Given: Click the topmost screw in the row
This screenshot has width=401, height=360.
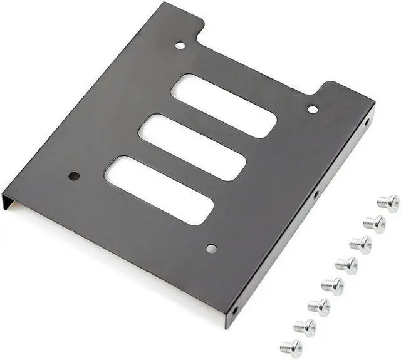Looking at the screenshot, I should pyautogui.click(x=388, y=203).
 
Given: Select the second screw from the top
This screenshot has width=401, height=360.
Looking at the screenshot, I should pyautogui.click(x=375, y=224).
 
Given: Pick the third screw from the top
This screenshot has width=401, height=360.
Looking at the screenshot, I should pyautogui.click(x=360, y=244).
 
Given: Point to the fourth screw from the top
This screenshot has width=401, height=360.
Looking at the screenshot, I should pyautogui.click(x=346, y=265).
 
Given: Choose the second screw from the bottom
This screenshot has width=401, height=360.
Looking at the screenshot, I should pyautogui.click(x=305, y=327).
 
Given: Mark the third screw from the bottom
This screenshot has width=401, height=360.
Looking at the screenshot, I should pyautogui.click(x=319, y=306).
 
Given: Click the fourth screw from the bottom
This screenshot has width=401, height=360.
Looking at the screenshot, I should pyautogui.click(x=333, y=285).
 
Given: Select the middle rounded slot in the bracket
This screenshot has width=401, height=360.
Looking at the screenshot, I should pyautogui.click(x=192, y=147).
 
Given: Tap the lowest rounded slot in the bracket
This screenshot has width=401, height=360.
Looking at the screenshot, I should pyautogui.click(x=159, y=190).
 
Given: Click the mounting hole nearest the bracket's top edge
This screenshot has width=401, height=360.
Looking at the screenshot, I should pyautogui.click(x=180, y=45).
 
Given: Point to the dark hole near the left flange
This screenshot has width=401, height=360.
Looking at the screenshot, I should pyautogui.click(x=73, y=176).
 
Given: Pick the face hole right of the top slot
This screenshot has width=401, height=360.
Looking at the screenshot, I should pyautogui.click(x=313, y=110).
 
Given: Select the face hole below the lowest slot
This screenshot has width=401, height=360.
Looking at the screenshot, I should pyautogui.click(x=211, y=249).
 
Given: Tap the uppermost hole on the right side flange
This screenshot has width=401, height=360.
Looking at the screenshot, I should pyautogui.click(x=367, y=122).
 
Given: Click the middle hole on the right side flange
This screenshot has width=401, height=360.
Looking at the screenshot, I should pyautogui.click(x=316, y=195).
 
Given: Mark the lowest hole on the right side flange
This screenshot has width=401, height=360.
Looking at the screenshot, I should pyautogui.click(x=235, y=311).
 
